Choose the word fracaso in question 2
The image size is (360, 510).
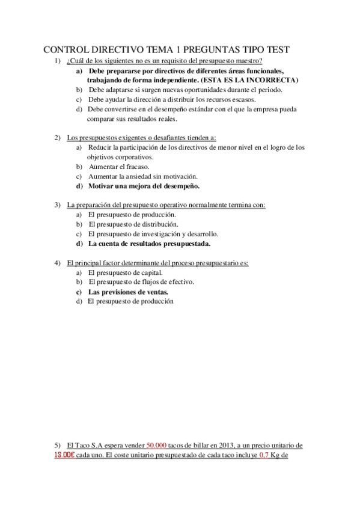[136, 167]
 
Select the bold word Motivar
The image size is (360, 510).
[102, 186]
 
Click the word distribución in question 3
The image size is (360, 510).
[158, 224]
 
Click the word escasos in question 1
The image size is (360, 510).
[242, 99]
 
